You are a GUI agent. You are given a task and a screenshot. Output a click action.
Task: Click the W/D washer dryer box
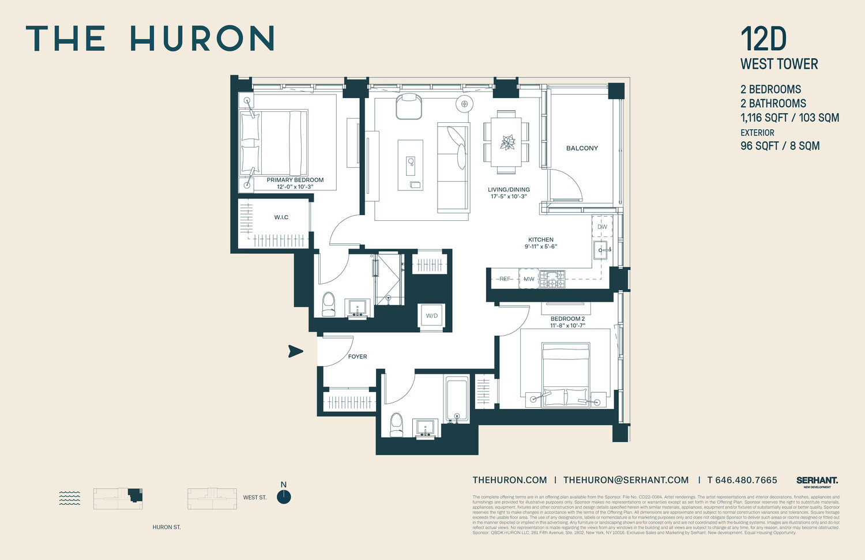point(431,315)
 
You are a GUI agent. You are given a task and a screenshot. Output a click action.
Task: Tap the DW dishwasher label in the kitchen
point(602,227)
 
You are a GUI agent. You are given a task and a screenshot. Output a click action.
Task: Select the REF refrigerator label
point(505,279)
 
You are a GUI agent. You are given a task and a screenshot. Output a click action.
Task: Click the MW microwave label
point(529,279)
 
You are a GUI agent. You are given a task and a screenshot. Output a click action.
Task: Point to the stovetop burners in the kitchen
point(552,279)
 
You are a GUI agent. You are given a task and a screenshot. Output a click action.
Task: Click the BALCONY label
point(582,148)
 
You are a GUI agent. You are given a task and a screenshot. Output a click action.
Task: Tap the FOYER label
point(358,356)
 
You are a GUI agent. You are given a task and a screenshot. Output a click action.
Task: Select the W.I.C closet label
point(281,217)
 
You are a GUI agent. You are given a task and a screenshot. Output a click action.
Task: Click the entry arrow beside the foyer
point(295,351)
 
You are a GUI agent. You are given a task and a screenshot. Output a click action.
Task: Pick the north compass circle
point(284,497)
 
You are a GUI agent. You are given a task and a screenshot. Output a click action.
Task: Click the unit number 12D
point(764,39)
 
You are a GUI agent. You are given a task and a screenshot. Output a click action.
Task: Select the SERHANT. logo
point(817,480)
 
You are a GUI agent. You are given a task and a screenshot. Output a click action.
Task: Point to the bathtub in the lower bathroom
point(457,399)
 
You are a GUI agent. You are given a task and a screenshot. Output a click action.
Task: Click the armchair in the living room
point(409,107)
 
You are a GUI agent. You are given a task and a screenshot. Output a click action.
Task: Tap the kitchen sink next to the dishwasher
point(601,250)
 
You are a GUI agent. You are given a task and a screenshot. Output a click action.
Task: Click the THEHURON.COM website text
point(509,480)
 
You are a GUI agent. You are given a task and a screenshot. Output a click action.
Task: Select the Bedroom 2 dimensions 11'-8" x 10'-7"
point(567,326)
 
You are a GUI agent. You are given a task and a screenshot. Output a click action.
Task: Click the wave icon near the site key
point(70,498)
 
